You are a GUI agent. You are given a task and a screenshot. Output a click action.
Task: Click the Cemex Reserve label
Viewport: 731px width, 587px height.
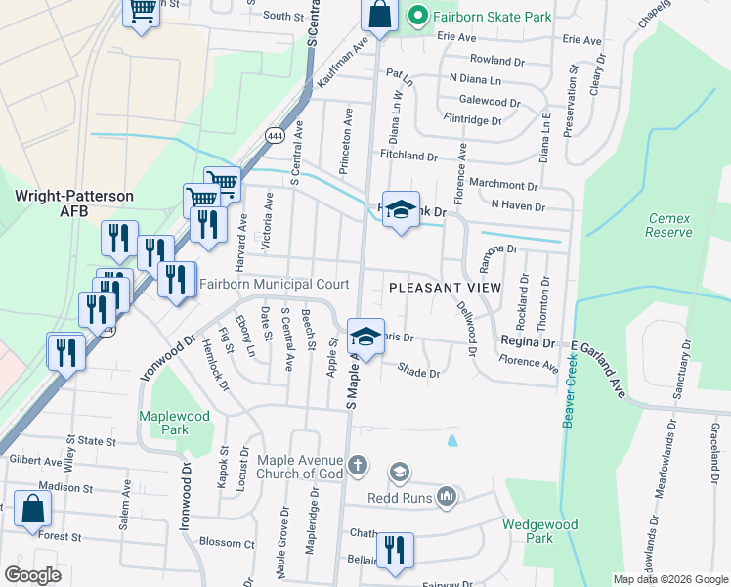pyautogui.click(x=668, y=225)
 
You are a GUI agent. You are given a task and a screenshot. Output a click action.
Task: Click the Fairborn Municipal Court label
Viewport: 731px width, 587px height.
pyautogui.click(x=275, y=285)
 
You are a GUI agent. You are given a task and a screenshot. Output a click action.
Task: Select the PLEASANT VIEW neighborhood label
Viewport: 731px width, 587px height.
pyautogui.click(x=445, y=288)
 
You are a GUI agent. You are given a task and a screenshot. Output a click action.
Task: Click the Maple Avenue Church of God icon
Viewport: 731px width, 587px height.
pyautogui.click(x=358, y=463)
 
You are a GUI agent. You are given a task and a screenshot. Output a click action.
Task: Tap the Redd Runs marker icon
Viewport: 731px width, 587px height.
pyautogui.click(x=448, y=496)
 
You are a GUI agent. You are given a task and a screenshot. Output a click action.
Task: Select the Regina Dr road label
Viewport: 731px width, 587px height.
pyautogui.click(x=528, y=342)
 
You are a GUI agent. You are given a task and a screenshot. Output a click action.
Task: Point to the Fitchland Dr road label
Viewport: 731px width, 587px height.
pyautogui.click(x=408, y=156)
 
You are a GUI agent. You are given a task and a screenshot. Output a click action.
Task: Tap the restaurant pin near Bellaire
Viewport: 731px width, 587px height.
pyautogui.click(x=395, y=550)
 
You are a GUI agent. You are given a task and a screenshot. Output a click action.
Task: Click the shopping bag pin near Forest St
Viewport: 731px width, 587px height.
pyautogui.click(x=33, y=509)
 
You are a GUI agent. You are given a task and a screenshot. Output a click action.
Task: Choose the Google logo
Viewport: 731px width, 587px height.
pyautogui.click(x=33, y=575)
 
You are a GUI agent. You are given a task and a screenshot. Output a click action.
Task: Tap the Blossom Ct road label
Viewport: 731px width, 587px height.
pyautogui.click(x=226, y=544)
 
